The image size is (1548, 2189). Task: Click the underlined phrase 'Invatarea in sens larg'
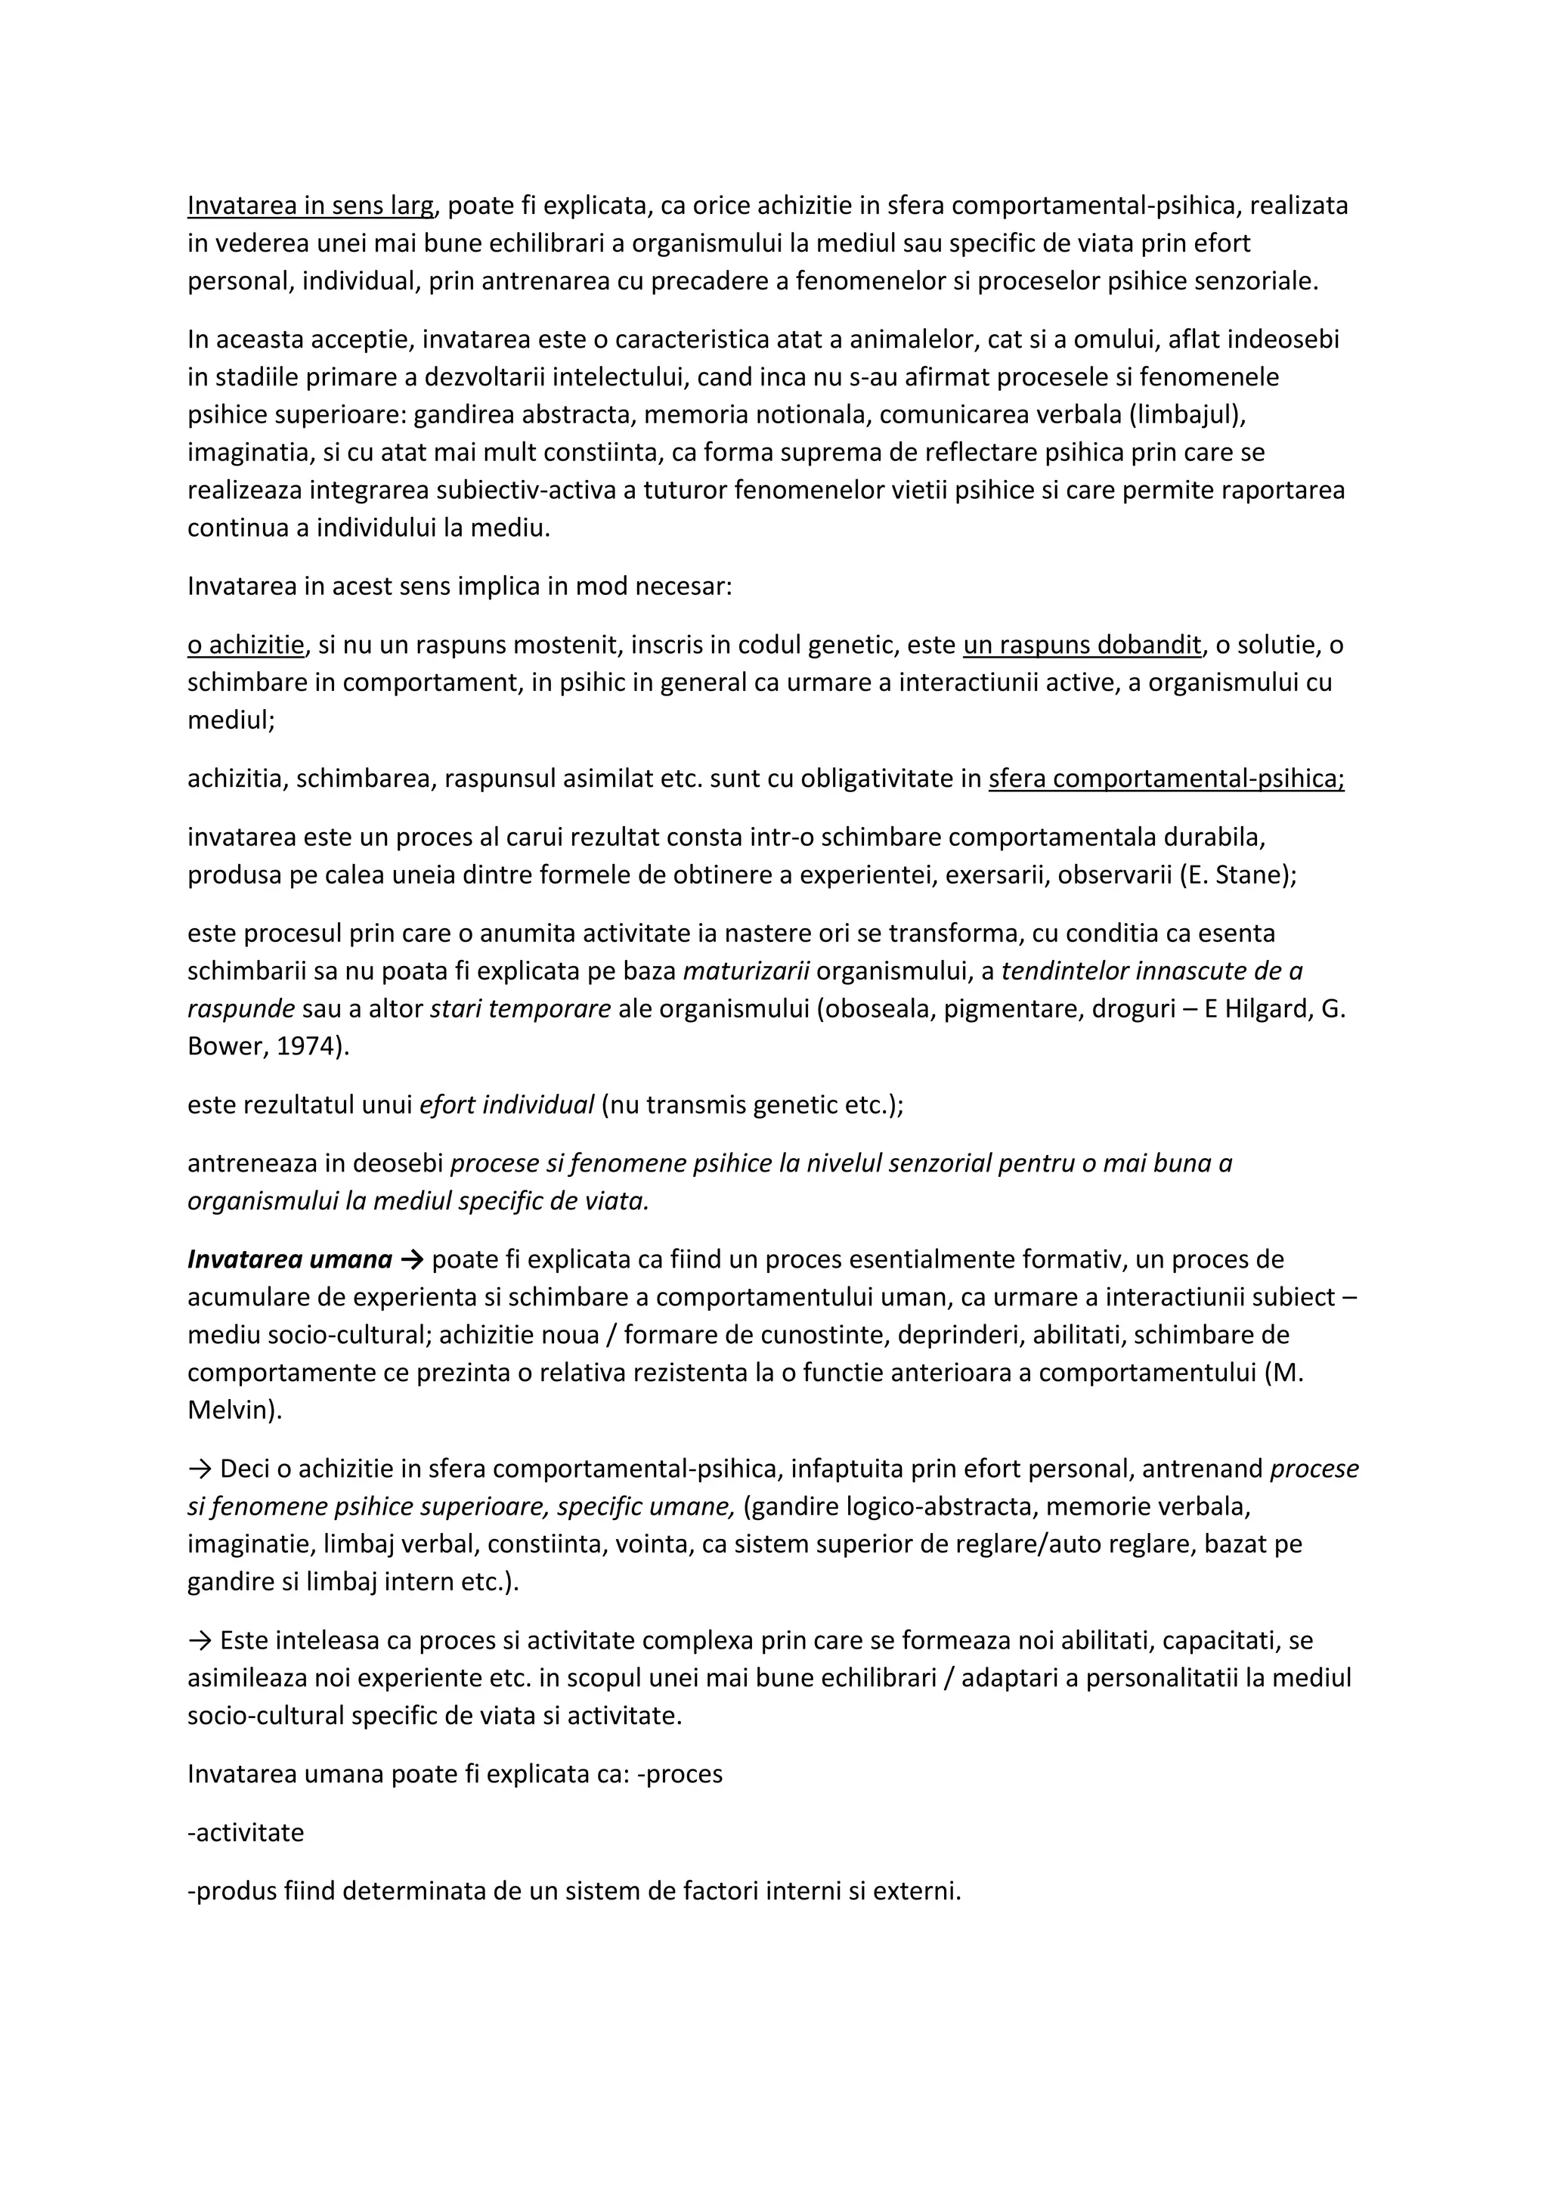pyautogui.click(x=311, y=206)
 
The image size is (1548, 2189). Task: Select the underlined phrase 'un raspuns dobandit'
pyautogui.click(x=1082, y=646)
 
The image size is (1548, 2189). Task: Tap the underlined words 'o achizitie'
pyautogui.click(x=245, y=646)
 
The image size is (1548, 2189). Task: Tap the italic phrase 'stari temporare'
pyautogui.click(x=521, y=1008)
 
